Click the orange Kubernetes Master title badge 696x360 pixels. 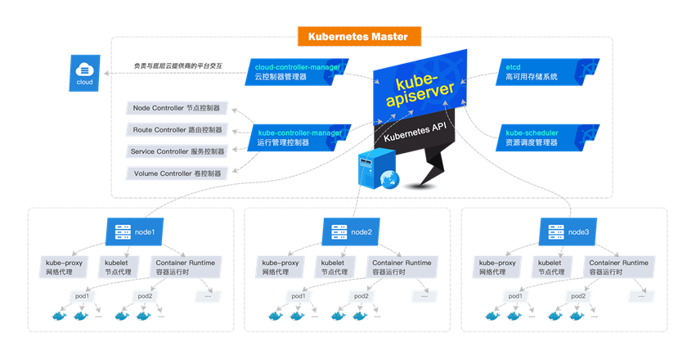pos(359,36)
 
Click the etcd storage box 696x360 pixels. pos(532,71)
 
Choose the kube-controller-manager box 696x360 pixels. pos(299,137)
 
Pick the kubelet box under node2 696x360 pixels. pos(331,267)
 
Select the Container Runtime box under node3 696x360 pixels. pos(619,267)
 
